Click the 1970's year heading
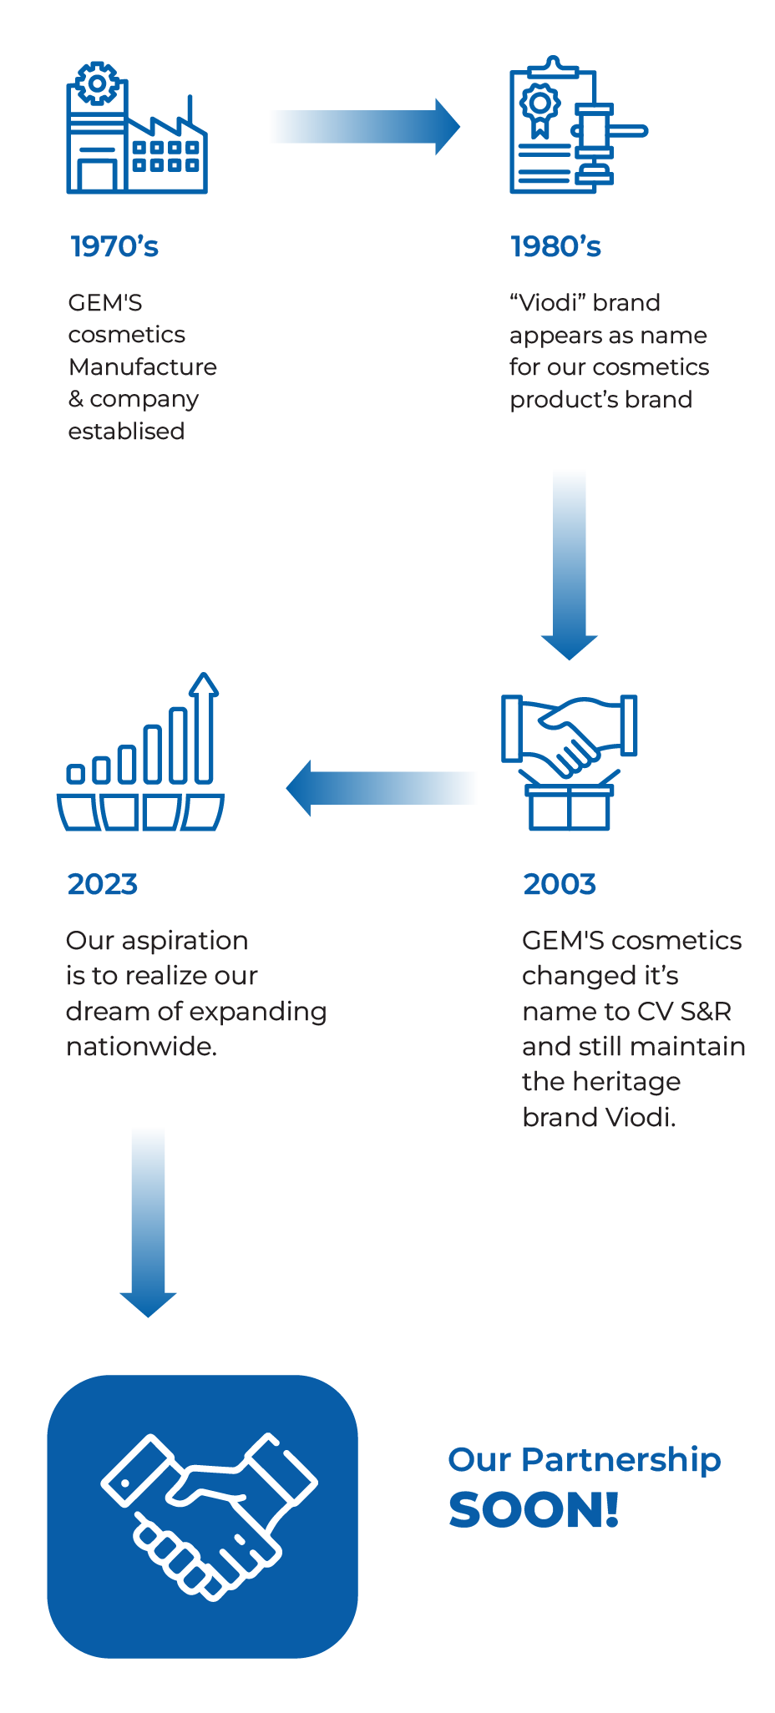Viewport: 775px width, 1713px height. [114, 246]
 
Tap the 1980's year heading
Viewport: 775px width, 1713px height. [555, 246]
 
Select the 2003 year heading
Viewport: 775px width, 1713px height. [560, 884]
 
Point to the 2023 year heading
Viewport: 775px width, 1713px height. [103, 884]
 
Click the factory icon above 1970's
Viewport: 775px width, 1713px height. [137, 129]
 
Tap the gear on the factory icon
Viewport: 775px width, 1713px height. [98, 83]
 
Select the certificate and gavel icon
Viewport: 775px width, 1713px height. [578, 125]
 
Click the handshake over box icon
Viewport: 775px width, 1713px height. [569, 762]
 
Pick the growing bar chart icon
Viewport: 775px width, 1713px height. [140, 751]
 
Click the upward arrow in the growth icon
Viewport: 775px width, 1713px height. [204, 726]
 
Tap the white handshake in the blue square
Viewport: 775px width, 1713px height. [209, 1515]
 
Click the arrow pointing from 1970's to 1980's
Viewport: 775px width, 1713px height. [364, 127]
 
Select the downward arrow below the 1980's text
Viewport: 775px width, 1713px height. [570, 564]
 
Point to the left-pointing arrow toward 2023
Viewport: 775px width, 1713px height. [381, 788]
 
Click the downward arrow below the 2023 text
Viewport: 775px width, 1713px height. [148, 1224]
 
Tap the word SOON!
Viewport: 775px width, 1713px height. [534, 1510]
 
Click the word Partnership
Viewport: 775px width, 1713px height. [621, 1460]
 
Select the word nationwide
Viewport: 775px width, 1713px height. [141, 1046]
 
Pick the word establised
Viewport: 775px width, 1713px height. [126, 432]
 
